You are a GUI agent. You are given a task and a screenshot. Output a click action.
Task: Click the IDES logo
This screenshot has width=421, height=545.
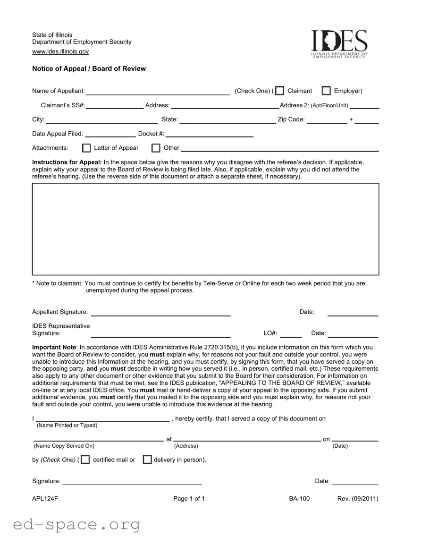pyautogui.click(x=338, y=44)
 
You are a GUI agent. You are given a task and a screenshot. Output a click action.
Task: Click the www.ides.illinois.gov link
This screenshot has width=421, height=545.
pyautogui.click(x=60, y=51)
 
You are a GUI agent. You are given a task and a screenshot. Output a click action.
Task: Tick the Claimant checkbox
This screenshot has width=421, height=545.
pyautogui.click(x=280, y=91)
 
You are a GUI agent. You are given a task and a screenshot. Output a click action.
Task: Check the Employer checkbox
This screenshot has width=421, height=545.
pyautogui.click(x=326, y=91)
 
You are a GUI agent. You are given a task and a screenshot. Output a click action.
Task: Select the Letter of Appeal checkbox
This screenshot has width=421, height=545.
pyautogui.click(x=87, y=148)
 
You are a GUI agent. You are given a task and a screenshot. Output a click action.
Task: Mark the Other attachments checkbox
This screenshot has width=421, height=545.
pyautogui.click(x=156, y=148)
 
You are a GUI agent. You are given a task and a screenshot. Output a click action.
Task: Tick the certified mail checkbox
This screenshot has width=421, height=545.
pyautogui.click(x=85, y=460)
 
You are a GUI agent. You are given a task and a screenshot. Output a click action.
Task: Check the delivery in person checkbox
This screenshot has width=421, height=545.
pyautogui.click(x=147, y=460)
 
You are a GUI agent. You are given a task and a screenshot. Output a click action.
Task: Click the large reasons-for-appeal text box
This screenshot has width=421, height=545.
pyautogui.click(x=205, y=229)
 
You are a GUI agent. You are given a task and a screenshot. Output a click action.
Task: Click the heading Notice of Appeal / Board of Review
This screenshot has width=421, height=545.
pyautogui.click(x=89, y=68)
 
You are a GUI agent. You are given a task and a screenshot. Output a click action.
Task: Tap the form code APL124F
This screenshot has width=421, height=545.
pyautogui.click(x=45, y=499)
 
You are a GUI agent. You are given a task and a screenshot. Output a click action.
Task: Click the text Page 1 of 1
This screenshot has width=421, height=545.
pyautogui.click(x=189, y=499)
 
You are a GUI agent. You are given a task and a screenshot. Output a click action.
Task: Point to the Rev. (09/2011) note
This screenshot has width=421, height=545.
pyautogui.click(x=358, y=499)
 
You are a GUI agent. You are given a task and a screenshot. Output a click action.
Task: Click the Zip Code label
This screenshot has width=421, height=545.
pyautogui.click(x=291, y=119)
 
